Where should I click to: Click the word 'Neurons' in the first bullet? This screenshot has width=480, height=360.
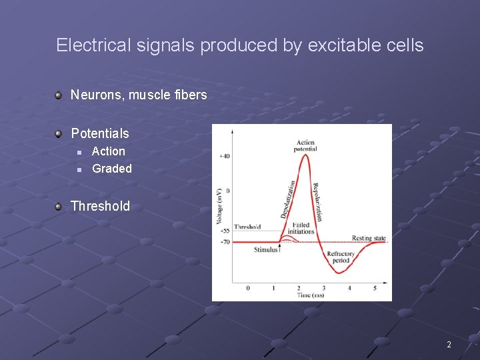(x=96, y=95)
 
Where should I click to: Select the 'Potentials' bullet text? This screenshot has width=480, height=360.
(x=100, y=133)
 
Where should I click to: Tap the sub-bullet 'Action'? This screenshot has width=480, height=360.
(x=109, y=151)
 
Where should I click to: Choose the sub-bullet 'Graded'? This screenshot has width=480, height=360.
(x=112, y=169)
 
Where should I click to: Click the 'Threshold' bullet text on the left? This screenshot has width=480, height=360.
(x=101, y=206)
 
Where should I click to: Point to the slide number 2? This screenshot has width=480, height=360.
(x=449, y=345)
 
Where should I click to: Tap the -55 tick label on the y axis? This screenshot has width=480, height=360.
(x=224, y=231)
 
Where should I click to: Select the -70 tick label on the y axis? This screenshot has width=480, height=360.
(x=224, y=241)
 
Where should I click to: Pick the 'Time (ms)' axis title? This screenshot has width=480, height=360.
(x=311, y=295)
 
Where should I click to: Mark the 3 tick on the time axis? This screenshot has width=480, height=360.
(x=324, y=288)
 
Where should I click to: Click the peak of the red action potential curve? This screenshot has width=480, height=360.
(x=304, y=155)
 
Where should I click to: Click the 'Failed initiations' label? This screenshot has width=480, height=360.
(x=301, y=228)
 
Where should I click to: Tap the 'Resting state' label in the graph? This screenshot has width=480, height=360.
(x=369, y=238)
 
